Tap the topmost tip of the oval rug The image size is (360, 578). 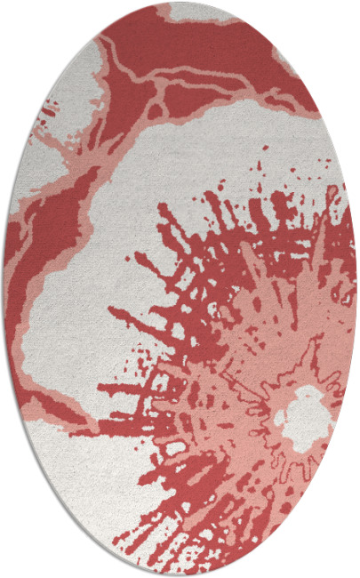point(180,3)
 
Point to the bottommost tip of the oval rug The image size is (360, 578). point(180,575)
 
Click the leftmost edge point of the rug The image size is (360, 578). point(4,289)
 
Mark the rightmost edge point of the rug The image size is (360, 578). point(356,289)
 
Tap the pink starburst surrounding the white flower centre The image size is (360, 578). point(258,356)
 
